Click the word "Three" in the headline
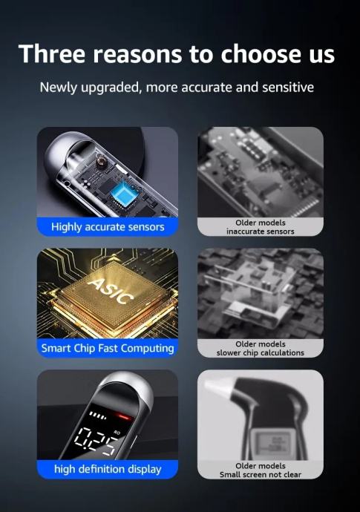tap(52, 53)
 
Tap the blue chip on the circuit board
tap(123, 193)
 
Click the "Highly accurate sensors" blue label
tap(108, 226)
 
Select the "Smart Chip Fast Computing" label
tap(108, 348)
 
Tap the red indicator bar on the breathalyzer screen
tap(125, 417)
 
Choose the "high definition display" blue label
tap(108, 469)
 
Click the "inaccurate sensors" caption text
tap(261, 232)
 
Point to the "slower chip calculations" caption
tap(261, 352)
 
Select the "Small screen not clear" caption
tap(261, 474)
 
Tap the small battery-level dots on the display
tap(98, 416)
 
